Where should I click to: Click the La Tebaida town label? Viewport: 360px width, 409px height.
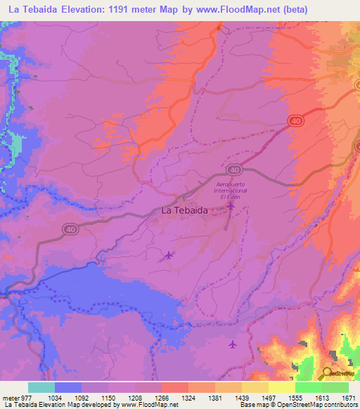(184, 210)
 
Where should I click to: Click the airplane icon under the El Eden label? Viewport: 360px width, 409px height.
(230, 206)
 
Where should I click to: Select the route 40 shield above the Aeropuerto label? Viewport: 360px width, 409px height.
(235, 170)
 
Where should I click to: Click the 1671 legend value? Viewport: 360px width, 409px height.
(348, 397)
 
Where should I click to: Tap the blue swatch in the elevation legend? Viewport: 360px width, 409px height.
(68, 387)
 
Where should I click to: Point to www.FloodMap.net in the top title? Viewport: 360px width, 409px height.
(247, 8)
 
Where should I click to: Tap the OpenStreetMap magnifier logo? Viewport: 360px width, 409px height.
(328, 372)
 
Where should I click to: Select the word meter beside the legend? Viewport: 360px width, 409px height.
(9, 397)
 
